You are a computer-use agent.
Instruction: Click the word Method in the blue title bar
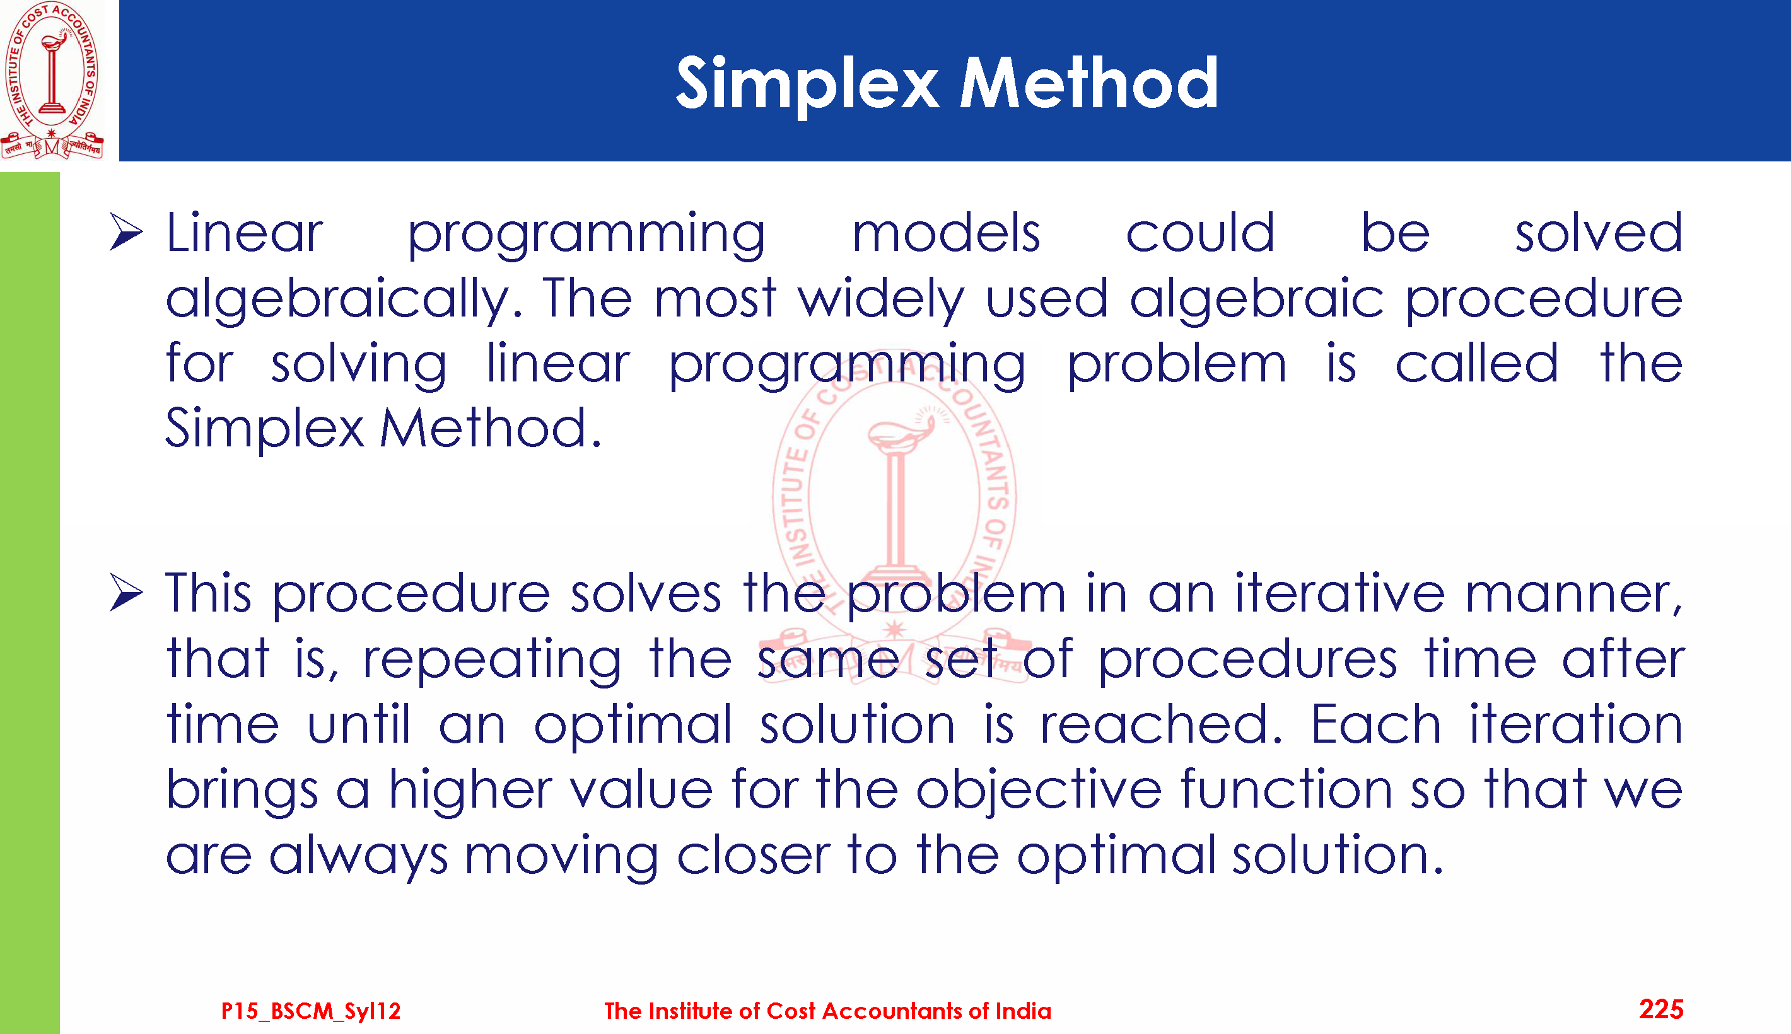click(x=1089, y=83)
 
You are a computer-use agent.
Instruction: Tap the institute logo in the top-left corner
click(x=52, y=79)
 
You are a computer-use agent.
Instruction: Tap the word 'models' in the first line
click(x=946, y=232)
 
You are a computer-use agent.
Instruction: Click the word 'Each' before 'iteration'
click(x=1375, y=724)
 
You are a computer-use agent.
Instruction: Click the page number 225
click(x=1661, y=1009)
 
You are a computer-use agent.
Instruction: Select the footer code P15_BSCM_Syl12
click(x=311, y=1011)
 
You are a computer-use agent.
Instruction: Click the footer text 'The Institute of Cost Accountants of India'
click(x=827, y=1011)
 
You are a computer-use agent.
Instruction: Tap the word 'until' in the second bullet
click(x=359, y=724)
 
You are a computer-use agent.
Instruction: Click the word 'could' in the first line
click(x=1200, y=232)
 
